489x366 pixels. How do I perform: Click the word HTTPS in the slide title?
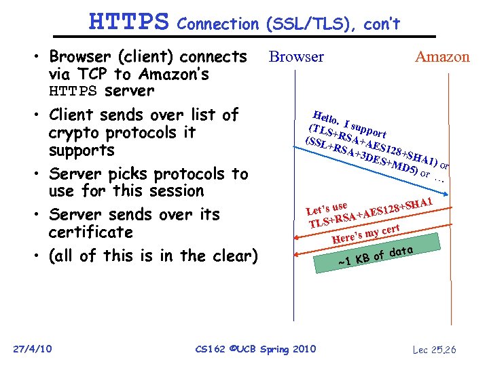click(x=128, y=22)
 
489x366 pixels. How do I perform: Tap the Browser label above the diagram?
click(x=296, y=57)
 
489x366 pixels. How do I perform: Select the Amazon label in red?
click(x=442, y=57)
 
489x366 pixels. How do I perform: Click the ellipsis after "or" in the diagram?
click(x=439, y=179)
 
